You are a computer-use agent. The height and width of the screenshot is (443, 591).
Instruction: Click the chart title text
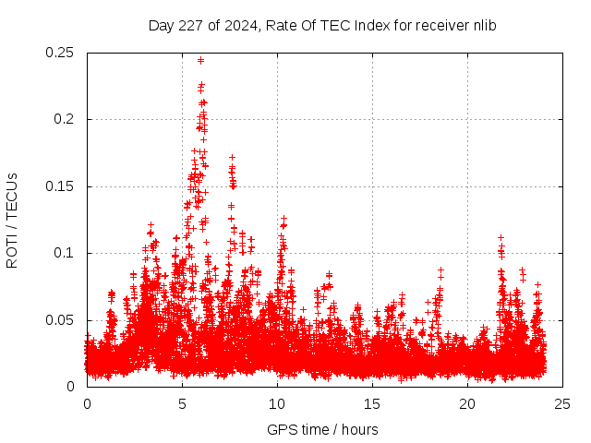point(322,26)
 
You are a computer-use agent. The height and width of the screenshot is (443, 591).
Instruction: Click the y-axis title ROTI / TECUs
point(12,221)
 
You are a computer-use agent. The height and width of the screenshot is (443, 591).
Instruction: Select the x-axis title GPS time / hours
point(322,429)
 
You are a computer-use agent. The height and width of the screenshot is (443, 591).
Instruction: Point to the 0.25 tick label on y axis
point(61,53)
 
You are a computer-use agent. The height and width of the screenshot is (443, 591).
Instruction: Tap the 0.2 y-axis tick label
point(66,120)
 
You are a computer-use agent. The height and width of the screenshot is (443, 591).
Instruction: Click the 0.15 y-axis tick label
point(61,186)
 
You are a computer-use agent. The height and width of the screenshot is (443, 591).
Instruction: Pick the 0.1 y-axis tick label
point(66,253)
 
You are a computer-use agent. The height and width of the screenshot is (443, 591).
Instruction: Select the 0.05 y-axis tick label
point(61,320)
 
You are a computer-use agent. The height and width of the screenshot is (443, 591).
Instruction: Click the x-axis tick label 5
point(182,404)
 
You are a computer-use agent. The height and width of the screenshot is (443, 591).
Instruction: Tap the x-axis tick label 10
point(277,404)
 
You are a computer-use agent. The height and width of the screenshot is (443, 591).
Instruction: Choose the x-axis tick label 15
point(372,404)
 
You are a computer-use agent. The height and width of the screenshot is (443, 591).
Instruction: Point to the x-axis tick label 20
point(467,404)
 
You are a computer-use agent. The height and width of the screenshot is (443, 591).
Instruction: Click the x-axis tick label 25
point(562,404)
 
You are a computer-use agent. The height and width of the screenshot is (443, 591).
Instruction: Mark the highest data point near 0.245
point(200,60)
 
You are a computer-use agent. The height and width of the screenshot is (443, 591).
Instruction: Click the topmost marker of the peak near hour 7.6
point(232,158)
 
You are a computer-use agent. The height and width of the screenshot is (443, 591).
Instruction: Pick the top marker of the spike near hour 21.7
point(501,237)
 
